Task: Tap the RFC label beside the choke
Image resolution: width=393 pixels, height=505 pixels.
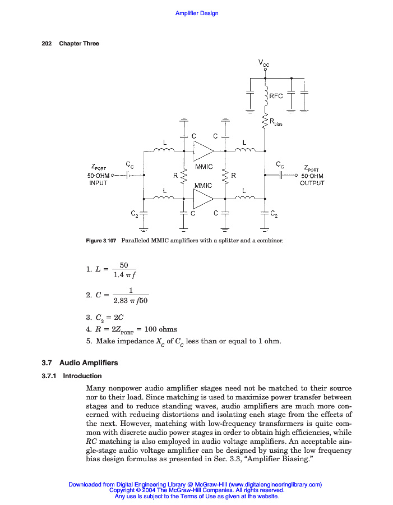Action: [x=276, y=96]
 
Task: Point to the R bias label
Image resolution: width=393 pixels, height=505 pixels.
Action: [x=275, y=122]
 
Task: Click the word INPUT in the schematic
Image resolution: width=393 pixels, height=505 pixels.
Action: [x=99, y=183]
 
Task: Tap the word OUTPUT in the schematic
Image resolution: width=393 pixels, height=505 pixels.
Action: [x=312, y=183]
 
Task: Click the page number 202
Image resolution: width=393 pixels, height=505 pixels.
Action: [x=47, y=44]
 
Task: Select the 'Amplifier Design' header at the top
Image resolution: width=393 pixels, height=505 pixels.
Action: [x=197, y=13]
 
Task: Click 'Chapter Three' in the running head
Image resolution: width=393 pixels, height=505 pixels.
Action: [x=79, y=44]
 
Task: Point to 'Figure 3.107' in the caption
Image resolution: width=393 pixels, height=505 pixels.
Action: [x=100, y=241]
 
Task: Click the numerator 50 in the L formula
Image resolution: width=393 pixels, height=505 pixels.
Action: [x=124, y=265]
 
